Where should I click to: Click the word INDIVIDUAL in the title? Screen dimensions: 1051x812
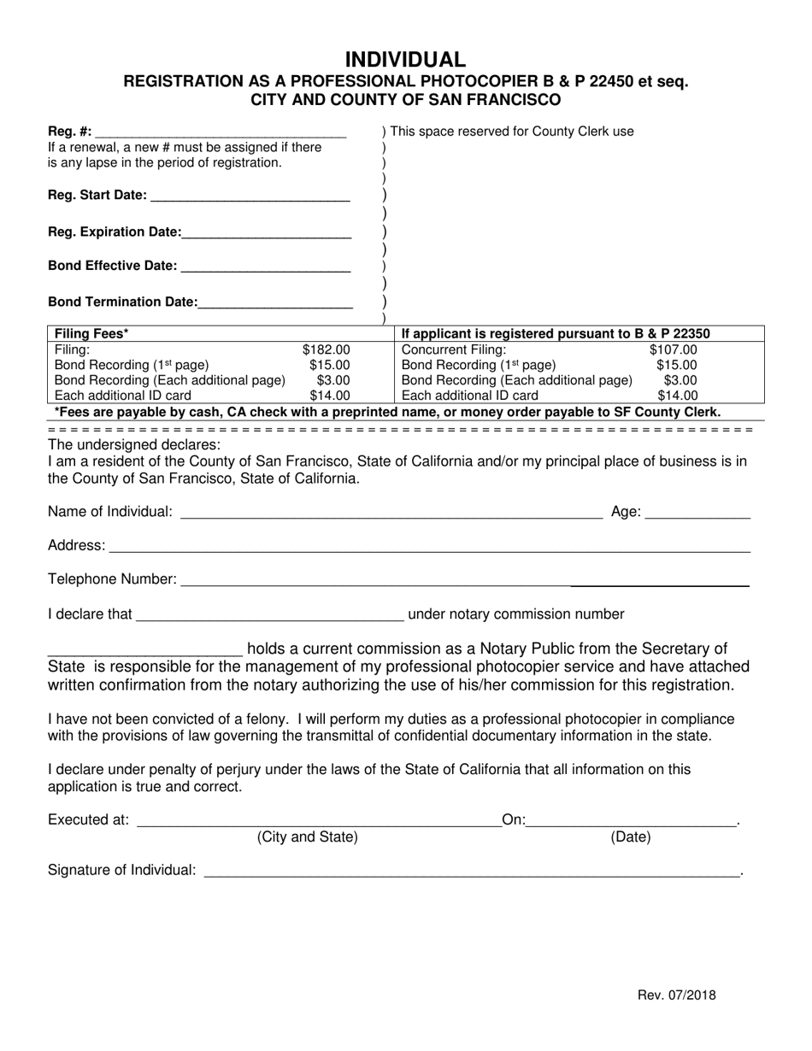[x=406, y=59]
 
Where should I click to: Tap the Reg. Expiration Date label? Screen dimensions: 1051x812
[x=115, y=232]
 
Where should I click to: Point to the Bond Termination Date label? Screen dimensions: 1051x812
[x=122, y=302]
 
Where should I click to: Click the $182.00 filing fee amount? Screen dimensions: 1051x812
[x=326, y=349]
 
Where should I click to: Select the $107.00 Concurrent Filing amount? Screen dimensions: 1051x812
[x=674, y=349]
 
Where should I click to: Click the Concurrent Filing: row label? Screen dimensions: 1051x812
[x=453, y=349]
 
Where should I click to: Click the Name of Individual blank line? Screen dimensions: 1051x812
[x=391, y=514]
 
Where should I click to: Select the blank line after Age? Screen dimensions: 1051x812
[x=697, y=514]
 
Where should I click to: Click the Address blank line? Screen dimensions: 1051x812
[x=428, y=547]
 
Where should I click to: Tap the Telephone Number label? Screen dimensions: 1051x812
[x=112, y=579]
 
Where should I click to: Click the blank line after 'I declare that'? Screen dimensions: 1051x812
[x=269, y=615]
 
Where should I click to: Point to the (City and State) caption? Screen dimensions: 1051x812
[x=308, y=837]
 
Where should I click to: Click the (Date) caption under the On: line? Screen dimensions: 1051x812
[x=630, y=837]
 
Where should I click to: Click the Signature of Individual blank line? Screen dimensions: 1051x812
[x=471, y=872]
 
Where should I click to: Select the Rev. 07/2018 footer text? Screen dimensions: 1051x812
[x=677, y=995]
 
